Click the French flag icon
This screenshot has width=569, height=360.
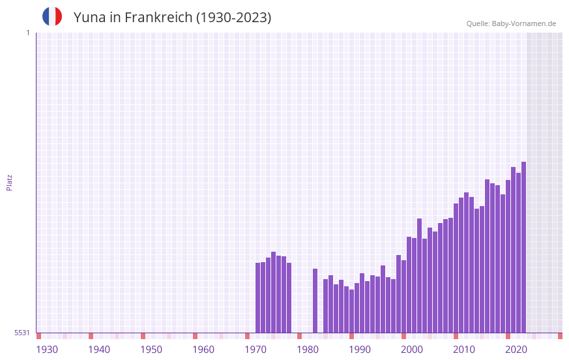coord(52,16)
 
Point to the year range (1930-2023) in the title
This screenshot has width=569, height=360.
coord(234,18)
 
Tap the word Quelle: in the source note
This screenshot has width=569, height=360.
coord(478,23)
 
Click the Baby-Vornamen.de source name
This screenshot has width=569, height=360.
coord(524,23)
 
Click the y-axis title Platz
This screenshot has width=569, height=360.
coord(9,182)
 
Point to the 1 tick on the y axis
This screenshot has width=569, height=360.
coord(27,33)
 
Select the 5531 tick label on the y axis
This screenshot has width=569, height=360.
coord(22,333)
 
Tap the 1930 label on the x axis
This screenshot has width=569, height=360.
coord(47,350)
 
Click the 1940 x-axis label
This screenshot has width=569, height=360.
coord(99,350)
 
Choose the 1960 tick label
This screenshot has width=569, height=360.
coord(203,350)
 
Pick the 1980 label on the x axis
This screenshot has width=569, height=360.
coord(308,350)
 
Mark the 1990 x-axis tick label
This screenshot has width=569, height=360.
coord(360,350)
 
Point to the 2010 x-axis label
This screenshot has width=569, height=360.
coord(464,350)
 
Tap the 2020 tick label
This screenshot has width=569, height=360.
coord(516,350)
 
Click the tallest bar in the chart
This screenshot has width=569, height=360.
coord(523,248)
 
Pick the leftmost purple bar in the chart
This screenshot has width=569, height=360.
coord(257,297)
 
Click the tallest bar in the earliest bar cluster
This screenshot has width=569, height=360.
coord(273,292)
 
